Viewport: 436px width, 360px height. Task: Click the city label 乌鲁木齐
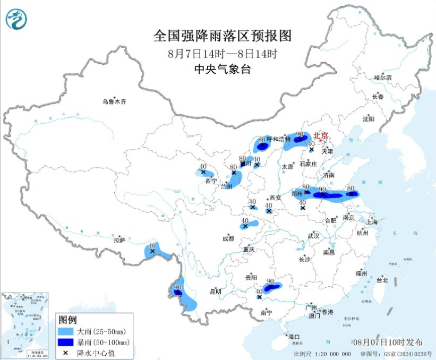tap(115, 101)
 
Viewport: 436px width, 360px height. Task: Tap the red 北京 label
tap(321, 135)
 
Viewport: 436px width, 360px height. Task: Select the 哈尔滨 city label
tap(382, 78)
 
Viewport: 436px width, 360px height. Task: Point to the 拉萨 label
tap(119, 240)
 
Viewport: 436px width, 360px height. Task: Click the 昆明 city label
tap(215, 292)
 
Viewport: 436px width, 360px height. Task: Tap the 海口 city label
tap(294, 337)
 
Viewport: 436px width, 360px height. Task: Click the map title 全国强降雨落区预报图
tap(223, 36)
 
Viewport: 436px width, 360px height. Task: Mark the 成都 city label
tap(228, 239)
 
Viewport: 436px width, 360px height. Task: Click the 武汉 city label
tap(313, 235)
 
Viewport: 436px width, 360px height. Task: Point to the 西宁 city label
tap(211, 181)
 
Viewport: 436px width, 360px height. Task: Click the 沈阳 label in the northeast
tap(369, 119)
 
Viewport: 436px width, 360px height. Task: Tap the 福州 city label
tap(362, 273)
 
